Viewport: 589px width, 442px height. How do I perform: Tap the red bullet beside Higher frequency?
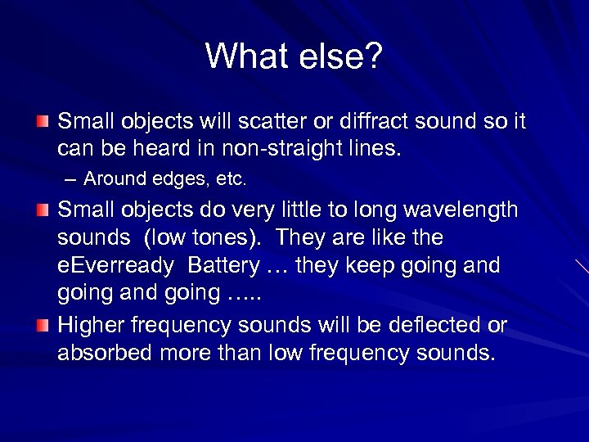pyautogui.click(x=43, y=327)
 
